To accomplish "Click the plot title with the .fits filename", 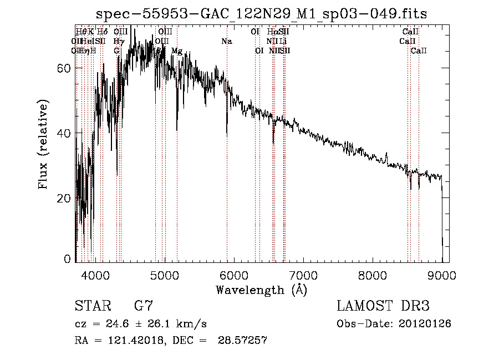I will tap(261, 14).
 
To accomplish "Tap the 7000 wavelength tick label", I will tap(303, 275).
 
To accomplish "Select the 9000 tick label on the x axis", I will tap(442, 275).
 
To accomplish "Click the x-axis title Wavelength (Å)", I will tap(261, 290).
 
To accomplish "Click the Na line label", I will tap(227, 42).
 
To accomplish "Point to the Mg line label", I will tap(177, 51).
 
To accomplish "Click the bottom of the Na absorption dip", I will tap(227, 135).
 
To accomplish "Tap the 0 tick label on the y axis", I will tap(68, 259).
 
